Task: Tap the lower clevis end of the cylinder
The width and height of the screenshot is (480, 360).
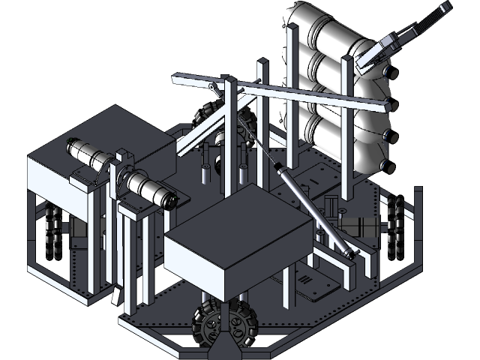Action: point(348,254)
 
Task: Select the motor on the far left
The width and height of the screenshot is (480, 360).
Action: point(88,154)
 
